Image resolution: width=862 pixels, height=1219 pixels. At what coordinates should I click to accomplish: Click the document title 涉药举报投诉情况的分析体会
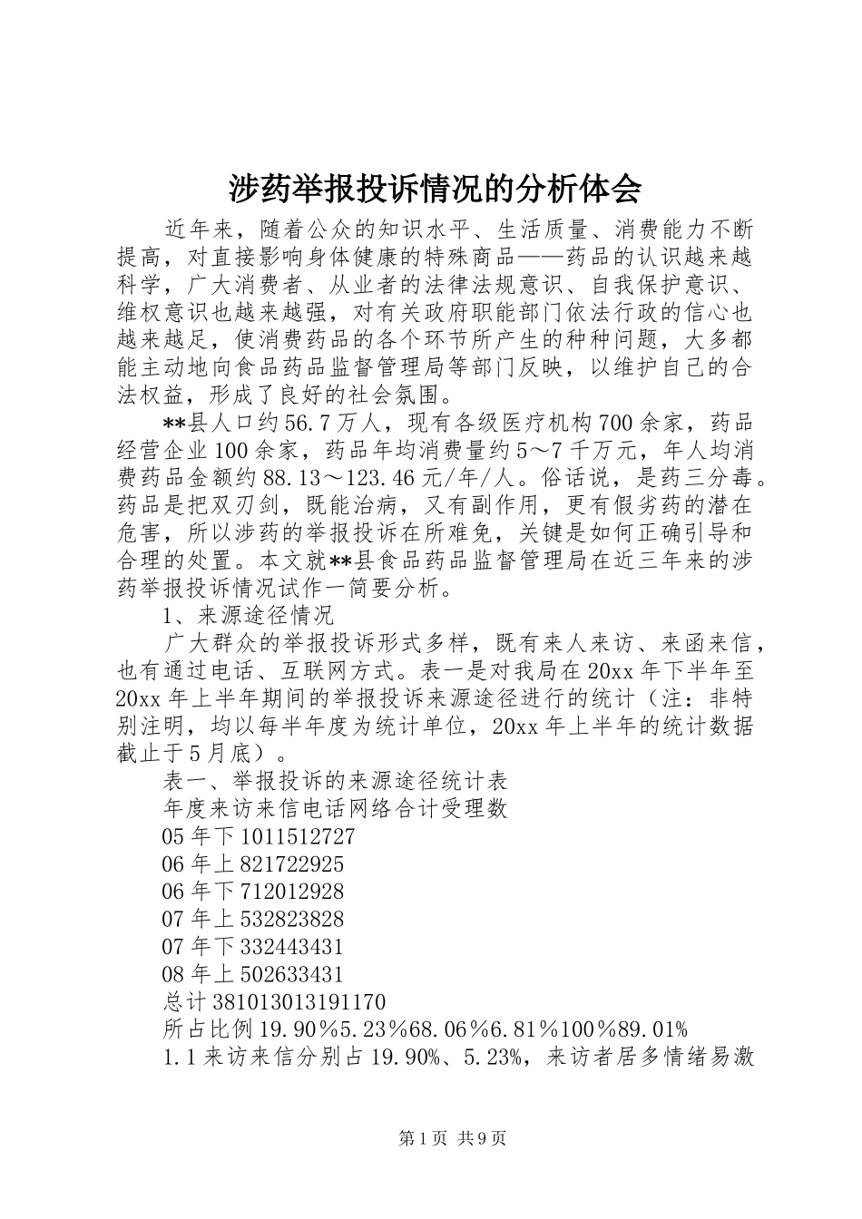coord(434,188)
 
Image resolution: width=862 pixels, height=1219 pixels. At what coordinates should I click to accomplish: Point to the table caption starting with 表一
coord(334,780)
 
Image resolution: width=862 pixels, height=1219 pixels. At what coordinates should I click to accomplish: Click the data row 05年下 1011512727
coord(258,836)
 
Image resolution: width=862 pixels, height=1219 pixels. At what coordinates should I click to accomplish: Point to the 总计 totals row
coord(273,1002)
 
